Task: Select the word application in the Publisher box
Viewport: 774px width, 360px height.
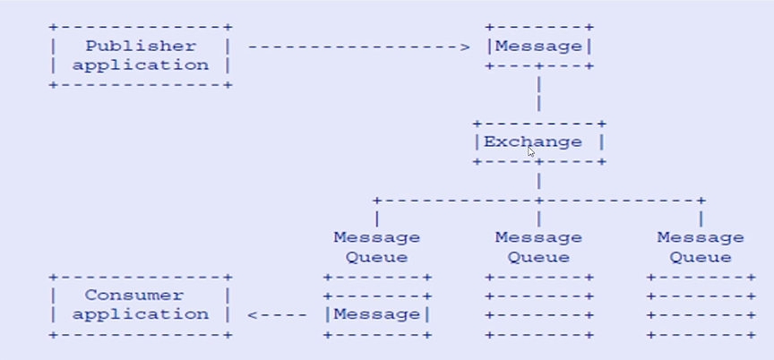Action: (x=140, y=64)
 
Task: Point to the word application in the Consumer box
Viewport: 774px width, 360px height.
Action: (x=140, y=314)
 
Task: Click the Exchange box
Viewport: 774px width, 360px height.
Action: (x=538, y=141)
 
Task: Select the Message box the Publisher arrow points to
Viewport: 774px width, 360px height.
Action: (x=538, y=47)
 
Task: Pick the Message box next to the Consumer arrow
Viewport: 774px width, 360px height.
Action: (x=376, y=314)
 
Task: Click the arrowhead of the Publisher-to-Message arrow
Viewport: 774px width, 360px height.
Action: (x=465, y=47)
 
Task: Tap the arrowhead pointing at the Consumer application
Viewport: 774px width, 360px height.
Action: (x=253, y=315)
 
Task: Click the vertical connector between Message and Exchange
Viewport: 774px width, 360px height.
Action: (x=538, y=94)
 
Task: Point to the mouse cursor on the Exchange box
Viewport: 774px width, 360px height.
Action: (x=531, y=152)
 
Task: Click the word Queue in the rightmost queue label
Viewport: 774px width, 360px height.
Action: (x=701, y=257)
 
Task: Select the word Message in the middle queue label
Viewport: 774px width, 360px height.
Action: (x=538, y=237)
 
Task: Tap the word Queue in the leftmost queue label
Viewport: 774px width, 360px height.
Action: (x=376, y=257)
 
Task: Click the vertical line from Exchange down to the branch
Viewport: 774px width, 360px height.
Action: (x=538, y=181)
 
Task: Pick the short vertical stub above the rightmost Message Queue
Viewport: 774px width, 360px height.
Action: (x=701, y=218)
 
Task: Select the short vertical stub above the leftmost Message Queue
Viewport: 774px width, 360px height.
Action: (x=376, y=218)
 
